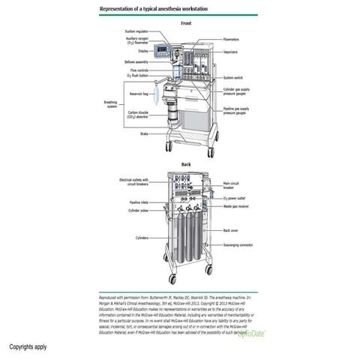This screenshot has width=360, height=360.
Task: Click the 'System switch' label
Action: point(235,77)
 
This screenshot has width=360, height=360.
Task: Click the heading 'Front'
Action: point(186,23)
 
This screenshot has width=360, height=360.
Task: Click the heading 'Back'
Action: point(186,164)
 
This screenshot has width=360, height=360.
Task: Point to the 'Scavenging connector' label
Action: point(239,244)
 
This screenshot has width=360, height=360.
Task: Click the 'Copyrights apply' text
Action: point(28,347)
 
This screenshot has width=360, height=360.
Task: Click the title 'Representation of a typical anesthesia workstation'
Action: point(154,8)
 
